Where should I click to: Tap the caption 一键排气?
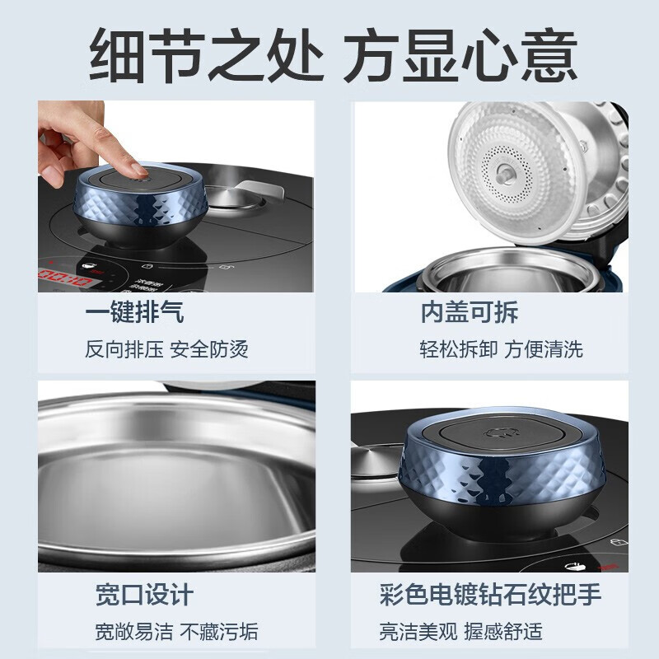134,312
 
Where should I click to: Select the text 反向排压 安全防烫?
166,348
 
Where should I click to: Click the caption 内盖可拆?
468,312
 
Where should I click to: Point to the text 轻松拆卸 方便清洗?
501,348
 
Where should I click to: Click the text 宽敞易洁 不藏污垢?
176,631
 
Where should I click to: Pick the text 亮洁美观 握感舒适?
460,631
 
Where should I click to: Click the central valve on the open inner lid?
502,172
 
